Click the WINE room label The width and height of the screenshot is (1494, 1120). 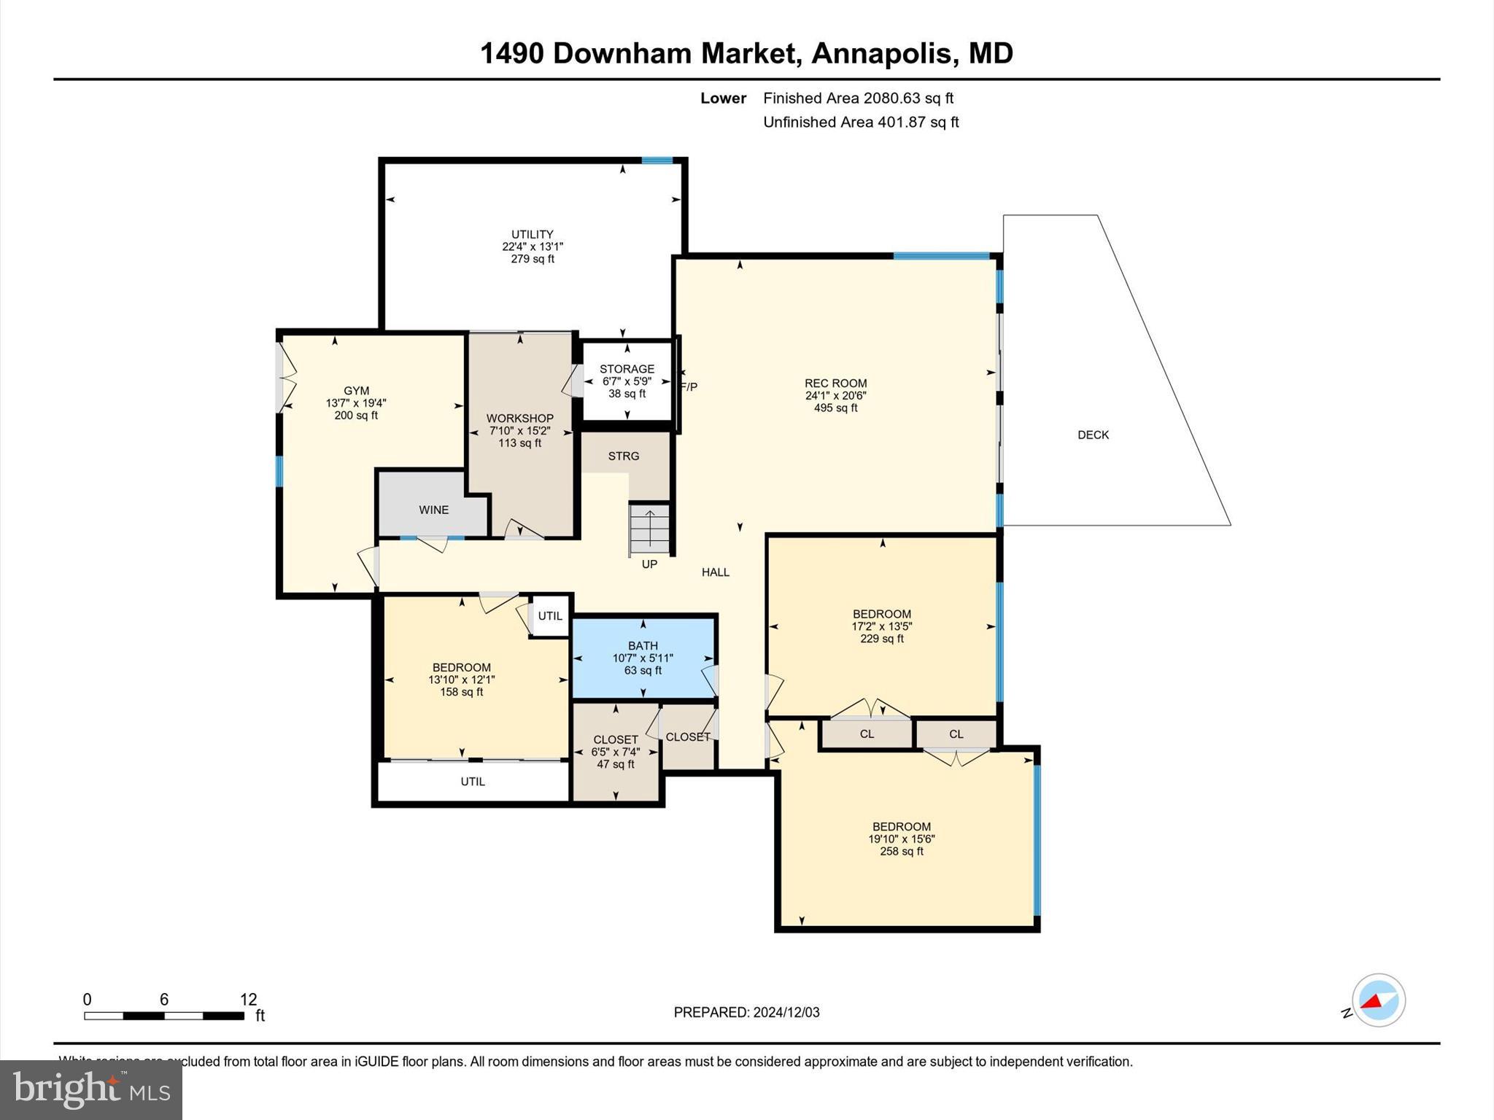pyautogui.click(x=433, y=510)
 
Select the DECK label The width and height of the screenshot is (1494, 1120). pyautogui.click(x=1093, y=435)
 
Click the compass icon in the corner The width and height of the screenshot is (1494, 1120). pyautogui.click(x=1378, y=1000)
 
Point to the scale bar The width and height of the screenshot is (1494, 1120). pyautogui.click(x=164, y=1015)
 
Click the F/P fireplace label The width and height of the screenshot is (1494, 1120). pyautogui.click(x=689, y=386)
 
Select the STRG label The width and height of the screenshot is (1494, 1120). pyautogui.click(x=624, y=456)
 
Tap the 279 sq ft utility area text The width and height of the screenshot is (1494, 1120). pyautogui.click(x=533, y=259)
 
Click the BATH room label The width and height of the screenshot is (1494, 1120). pyautogui.click(x=643, y=645)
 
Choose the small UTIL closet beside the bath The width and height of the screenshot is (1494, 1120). pyautogui.click(x=550, y=616)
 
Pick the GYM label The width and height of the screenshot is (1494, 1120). pyautogui.click(x=357, y=391)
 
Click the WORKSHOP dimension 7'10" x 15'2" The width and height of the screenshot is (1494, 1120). pyautogui.click(x=519, y=431)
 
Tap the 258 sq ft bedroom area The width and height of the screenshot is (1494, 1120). pyautogui.click(x=901, y=851)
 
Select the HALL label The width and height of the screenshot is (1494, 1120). pyautogui.click(x=716, y=572)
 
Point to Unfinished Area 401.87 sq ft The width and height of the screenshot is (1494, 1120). pyautogui.click(x=861, y=122)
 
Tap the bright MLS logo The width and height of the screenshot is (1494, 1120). pyautogui.click(x=91, y=1089)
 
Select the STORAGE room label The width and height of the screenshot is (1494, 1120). pyautogui.click(x=627, y=369)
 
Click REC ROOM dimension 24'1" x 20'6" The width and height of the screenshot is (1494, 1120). pyautogui.click(x=836, y=396)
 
